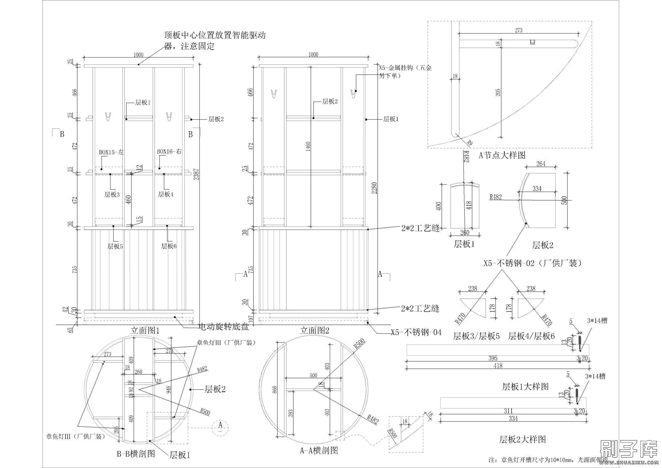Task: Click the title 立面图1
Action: coord(145,330)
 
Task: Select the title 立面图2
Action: coord(315,330)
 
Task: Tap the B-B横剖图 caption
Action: coord(136,454)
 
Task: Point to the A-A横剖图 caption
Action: coord(319,450)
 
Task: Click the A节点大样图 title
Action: coord(502,155)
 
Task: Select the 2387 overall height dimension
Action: coord(196,174)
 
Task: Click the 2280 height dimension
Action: coord(374,188)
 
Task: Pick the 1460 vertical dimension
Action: coord(308,146)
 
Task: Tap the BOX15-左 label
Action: coord(111,152)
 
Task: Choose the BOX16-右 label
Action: coord(169,151)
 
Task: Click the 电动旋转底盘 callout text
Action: coord(223,327)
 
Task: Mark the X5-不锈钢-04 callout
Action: coord(416,332)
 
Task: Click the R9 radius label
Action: coord(470,143)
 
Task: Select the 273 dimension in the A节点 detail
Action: coord(518,30)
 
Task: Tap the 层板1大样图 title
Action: coord(525,387)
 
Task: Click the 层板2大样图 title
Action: coord(522,439)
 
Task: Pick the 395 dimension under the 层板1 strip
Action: coord(493,358)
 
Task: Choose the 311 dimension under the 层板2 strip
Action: coord(508,411)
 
